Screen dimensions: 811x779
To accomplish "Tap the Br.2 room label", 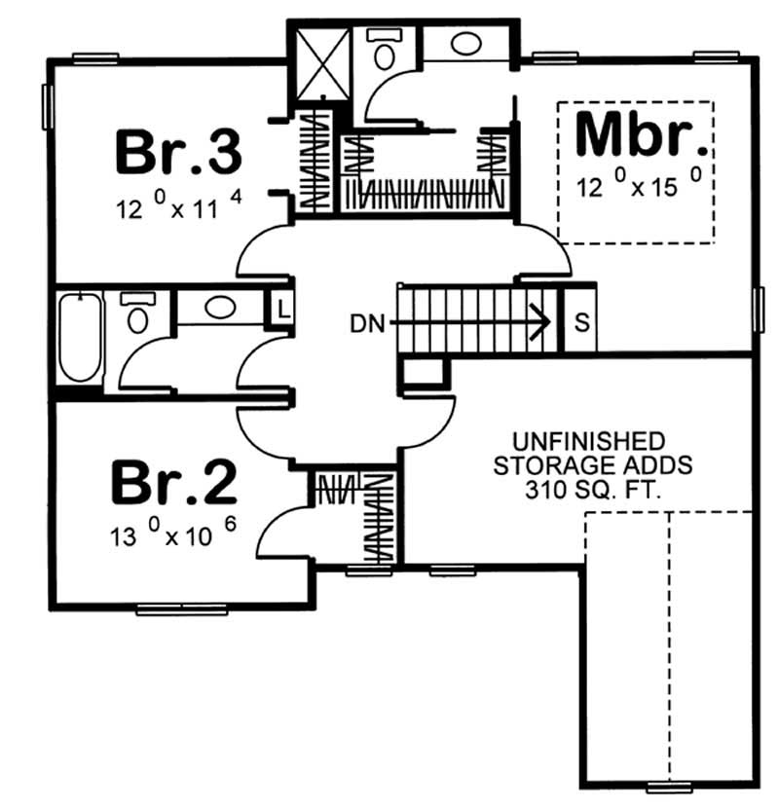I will (x=173, y=484).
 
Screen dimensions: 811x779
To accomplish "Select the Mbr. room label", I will (x=639, y=136).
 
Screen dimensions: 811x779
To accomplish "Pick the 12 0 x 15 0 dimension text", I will (x=639, y=186).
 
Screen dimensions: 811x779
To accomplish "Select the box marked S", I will (x=580, y=322).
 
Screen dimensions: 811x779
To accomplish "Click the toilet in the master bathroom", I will (x=382, y=46).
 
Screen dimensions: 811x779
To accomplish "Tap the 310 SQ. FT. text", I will (x=592, y=492).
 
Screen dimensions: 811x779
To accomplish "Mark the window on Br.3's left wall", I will (x=46, y=106).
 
